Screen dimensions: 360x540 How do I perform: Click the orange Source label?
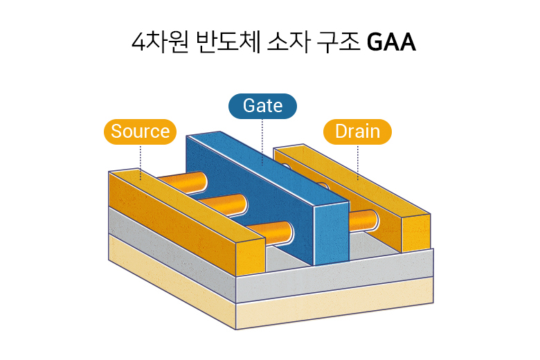(x=140, y=132)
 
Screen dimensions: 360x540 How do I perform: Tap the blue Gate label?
(x=262, y=105)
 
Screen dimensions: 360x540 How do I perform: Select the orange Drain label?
(x=357, y=132)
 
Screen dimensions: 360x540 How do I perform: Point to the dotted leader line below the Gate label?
(x=262, y=138)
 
